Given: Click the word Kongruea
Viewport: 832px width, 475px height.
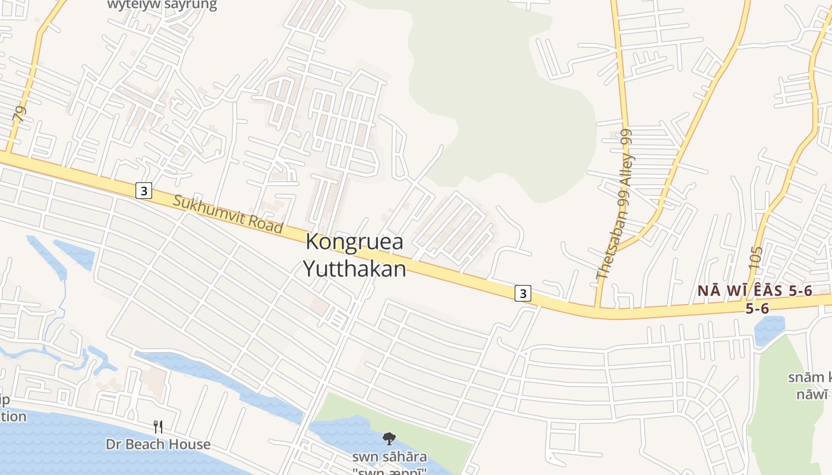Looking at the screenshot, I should [354, 242].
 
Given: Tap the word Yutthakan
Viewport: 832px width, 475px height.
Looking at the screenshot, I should [355, 268].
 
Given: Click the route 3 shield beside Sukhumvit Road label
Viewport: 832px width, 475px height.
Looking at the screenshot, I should [143, 191].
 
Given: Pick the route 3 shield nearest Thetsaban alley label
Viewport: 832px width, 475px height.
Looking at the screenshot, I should [522, 293].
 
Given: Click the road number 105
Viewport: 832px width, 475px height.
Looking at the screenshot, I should [755, 260].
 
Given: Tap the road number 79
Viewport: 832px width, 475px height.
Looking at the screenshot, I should [20, 114].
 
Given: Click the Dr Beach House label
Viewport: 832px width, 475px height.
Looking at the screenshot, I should [158, 444].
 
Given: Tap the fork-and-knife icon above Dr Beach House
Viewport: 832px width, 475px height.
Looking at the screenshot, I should [158, 426].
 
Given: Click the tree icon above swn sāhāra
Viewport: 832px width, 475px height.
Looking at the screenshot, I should [389, 439].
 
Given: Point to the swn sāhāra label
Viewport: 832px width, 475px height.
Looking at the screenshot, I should [389, 457].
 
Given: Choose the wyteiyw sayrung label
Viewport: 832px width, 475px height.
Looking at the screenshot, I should [162, 5].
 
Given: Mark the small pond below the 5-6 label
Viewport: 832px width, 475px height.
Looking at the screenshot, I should [769, 330].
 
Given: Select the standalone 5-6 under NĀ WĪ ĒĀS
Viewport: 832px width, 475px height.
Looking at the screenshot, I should [757, 308].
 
